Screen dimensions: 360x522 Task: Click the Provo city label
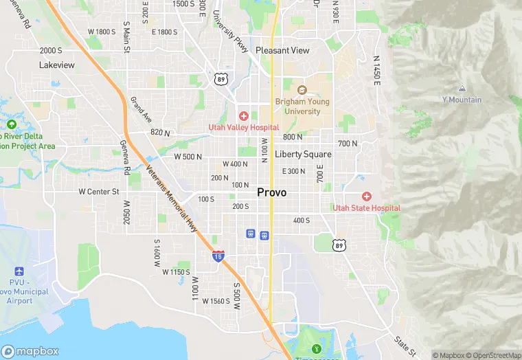coord(271,192)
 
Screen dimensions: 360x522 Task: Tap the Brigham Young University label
coord(302,106)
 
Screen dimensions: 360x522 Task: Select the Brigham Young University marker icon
coord(302,90)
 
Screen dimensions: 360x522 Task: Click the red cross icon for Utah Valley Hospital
coord(243,116)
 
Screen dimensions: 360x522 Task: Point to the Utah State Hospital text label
coord(366,208)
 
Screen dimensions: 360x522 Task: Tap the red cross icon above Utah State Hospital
coord(367,196)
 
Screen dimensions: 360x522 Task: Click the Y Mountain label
coord(462,100)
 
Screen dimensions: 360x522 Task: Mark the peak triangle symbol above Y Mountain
coord(462,89)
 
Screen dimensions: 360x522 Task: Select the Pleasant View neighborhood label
coord(282,50)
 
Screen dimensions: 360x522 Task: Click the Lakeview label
coord(57,65)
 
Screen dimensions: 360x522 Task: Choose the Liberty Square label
coord(303,155)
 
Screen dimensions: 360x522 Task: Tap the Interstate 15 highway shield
coord(218,256)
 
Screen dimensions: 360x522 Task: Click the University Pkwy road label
coord(230,31)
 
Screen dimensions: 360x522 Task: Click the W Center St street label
coord(99,192)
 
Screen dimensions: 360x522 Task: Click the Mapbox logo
coord(30,351)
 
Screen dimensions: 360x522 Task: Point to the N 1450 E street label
coord(376,70)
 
